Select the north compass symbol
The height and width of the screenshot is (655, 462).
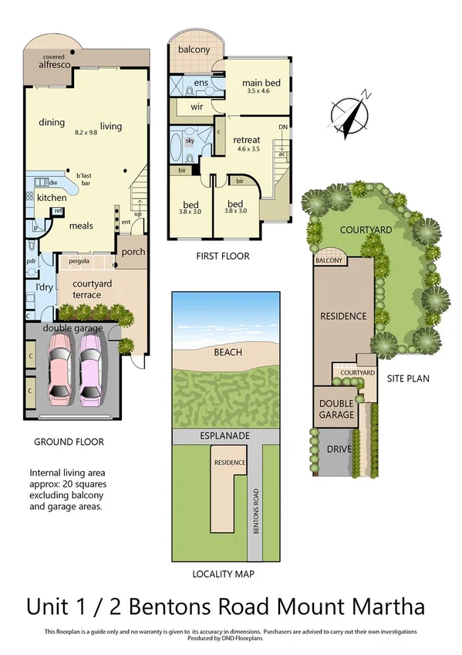351,115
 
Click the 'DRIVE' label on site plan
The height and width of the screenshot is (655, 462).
335,450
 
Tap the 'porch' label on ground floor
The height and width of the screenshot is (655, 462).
133,252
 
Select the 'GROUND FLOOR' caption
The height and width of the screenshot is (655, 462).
69,442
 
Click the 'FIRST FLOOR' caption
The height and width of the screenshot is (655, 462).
223,256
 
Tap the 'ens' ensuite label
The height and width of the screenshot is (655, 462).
201,82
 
